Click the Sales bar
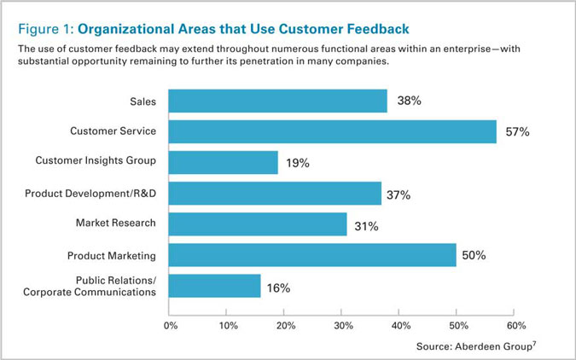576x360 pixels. click(277, 101)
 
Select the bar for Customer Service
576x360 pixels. click(333, 131)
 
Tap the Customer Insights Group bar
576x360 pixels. click(224, 162)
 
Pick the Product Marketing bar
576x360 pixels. click(312, 255)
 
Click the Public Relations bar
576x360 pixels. click(214, 286)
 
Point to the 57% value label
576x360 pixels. click(517, 131)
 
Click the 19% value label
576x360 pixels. click(298, 163)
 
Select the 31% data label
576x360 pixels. click(366, 226)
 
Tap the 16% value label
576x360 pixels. click(278, 288)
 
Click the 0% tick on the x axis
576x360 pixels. click(171, 326)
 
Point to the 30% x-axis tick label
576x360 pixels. click(344, 326)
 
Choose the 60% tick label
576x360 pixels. click(516, 326)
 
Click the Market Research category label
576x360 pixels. click(116, 223)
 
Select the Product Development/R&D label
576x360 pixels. click(90, 194)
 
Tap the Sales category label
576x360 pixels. click(143, 102)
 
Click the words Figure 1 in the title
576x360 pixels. click(46, 29)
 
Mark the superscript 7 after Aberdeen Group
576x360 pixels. click(534, 344)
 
